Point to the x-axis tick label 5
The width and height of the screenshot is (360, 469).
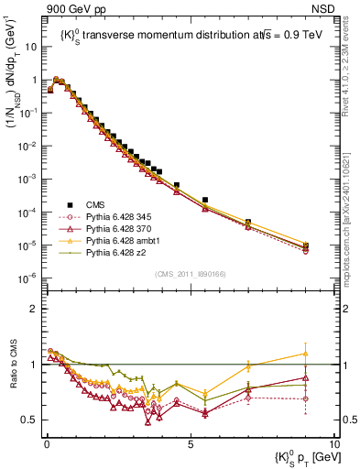(191, 442)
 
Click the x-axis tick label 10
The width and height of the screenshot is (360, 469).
(333, 442)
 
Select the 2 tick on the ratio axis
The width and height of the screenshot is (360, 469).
(35, 309)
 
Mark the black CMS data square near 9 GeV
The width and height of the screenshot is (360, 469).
(305, 245)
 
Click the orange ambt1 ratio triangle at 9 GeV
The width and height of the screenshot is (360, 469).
(305, 354)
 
